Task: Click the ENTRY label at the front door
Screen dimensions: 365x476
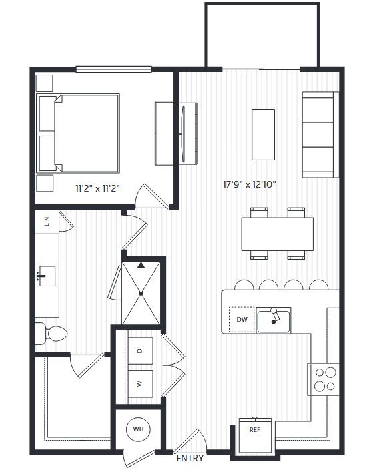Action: (x=190, y=458)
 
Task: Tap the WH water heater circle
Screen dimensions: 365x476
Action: (x=138, y=429)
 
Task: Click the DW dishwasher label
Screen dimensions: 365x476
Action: (x=242, y=319)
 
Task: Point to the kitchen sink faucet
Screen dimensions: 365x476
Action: (x=275, y=314)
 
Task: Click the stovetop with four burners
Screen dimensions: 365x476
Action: (x=324, y=379)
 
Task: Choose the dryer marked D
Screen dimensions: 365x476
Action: (x=140, y=351)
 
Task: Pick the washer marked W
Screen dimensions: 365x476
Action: (x=140, y=384)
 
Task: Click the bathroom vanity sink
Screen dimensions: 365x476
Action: (x=47, y=276)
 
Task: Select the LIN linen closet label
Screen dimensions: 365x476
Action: (x=47, y=221)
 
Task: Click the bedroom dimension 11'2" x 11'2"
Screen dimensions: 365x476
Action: (x=97, y=188)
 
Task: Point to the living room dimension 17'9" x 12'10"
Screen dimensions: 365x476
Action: (x=250, y=184)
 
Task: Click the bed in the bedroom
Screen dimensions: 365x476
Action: (x=78, y=133)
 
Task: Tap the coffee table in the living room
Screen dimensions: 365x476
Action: (x=263, y=134)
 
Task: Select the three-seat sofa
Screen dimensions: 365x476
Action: (x=320, y=134)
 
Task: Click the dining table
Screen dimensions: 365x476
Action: (x=278, y=234)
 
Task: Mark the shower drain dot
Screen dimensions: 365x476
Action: (x=141, y=294)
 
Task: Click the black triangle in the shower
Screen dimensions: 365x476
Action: (x=141, y=266)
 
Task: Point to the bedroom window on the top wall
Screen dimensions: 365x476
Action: (x=113, y=69)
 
